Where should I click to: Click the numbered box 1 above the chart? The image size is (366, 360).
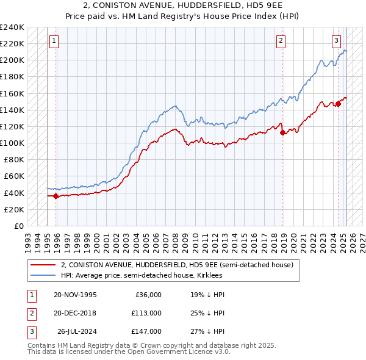pyautogui.click(x=54, y=41)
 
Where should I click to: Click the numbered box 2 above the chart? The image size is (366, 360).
pyautogui.click(x=281, y=41)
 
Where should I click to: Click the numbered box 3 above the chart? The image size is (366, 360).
pyautogui.click(x=336, y=41)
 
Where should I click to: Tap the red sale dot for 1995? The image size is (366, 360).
pyautogui.click(x=56, y=196)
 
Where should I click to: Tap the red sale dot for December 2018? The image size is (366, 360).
pyautogui.click(x=282, y=132)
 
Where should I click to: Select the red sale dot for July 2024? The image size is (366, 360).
pyautogui.click(x=338, y=104)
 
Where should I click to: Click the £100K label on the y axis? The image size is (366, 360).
pyautogui.click(x=12, y=143)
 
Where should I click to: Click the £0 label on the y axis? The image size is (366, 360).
pyautogui.click(x=20, y=226)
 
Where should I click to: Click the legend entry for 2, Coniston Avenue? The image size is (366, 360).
pyautogui.click(x=177, y=265)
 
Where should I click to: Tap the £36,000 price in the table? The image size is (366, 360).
pyautogui.click(x=148, y=295)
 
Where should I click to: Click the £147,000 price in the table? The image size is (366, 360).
pyautogui.click(x=146, y=331)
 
